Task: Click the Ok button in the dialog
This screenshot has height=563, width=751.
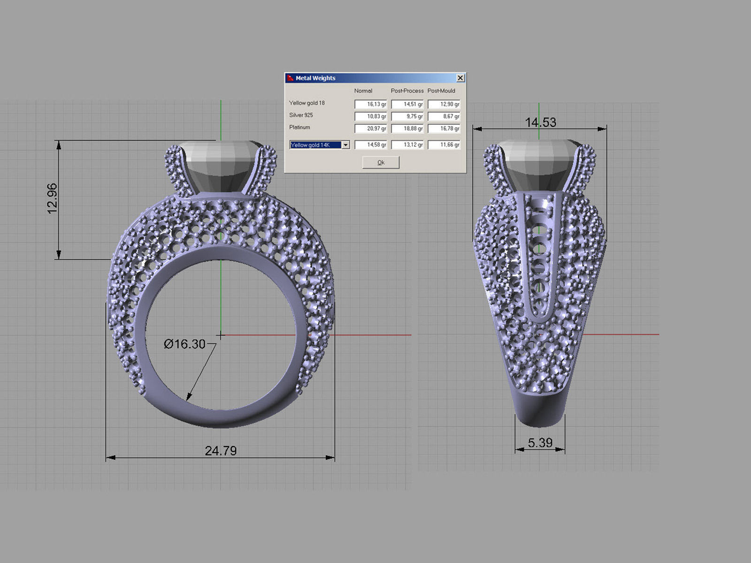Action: [381, 162]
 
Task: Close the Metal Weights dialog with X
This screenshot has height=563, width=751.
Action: [460, 78]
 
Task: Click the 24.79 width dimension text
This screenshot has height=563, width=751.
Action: [221, 450]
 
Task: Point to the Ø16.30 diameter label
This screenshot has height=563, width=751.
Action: [184, 344]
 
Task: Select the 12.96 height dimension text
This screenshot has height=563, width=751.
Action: [52, 198]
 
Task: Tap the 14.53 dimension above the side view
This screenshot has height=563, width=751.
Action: [540, 122]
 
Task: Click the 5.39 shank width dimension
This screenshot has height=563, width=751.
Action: [540, 442]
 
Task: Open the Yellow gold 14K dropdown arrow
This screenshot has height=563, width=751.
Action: [345, 145]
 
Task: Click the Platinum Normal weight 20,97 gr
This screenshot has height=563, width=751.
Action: [371, 129]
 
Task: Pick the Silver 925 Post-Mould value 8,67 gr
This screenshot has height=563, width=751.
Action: [444, 116]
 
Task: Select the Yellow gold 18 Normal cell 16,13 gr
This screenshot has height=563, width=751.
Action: [371, 104]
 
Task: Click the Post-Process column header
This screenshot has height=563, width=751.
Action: [407, 91]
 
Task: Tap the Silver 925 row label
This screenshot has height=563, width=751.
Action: [301, 115]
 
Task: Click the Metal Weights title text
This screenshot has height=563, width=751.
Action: [315, 78]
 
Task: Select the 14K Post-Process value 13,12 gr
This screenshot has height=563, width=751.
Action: [407, 145]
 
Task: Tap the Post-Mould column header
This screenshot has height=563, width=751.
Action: [441, 91]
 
